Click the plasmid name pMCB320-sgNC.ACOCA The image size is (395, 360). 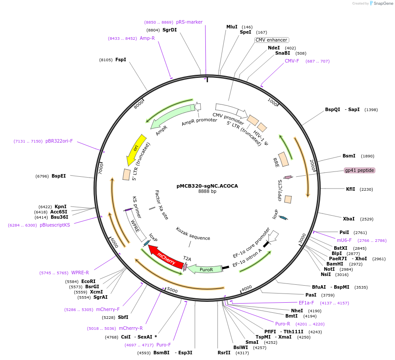click(x=207, y=186)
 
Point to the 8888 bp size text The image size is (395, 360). click(x=207, y=192)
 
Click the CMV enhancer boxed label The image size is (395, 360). click(x=271, y=40)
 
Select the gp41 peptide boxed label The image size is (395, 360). click(x=359, y=170)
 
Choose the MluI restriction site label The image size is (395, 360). click(x=232, y=27)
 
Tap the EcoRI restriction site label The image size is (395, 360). click(x=88, y=281)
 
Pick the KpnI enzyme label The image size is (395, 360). click(x=60, y=206)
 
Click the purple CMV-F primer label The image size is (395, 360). click(x=292, y=61)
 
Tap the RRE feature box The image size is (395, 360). click(x=283, y=159)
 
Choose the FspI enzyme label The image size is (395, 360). click(x=121, y=59)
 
